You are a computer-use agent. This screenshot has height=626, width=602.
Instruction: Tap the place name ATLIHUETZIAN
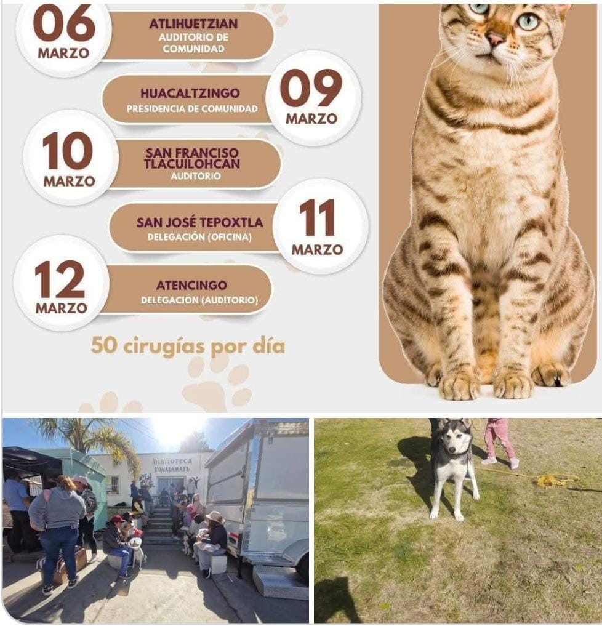point(194,24)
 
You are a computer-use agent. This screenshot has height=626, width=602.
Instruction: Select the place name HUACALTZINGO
point(190,94)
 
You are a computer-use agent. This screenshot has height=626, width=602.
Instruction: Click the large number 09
point(311,89)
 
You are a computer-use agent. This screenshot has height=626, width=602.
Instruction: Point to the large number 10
point(68,151)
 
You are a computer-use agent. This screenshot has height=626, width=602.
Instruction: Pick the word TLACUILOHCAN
point(192,164)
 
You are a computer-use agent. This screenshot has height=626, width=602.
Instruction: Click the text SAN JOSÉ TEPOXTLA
point(199,222)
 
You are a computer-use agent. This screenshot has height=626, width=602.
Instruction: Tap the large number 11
point(317,218)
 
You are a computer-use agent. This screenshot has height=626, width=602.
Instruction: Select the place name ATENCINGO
point(191,286)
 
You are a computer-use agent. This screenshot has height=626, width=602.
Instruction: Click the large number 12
point(60,279)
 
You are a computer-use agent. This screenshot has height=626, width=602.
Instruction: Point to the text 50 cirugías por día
point(188,346)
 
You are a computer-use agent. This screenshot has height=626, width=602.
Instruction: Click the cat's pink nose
point(496,38)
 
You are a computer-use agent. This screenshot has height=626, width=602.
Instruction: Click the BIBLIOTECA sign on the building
point(172,465)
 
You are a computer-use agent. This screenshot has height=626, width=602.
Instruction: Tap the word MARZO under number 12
point(62,308)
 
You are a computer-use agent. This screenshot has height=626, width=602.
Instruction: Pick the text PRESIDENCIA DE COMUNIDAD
point(192,109)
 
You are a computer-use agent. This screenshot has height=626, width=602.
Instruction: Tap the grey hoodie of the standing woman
point(58,504)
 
